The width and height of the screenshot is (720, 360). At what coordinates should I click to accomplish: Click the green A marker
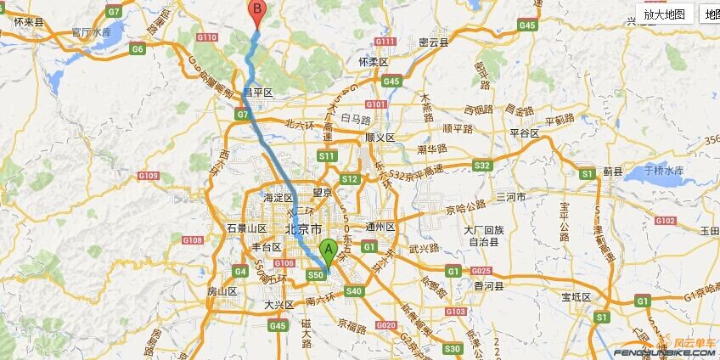(x=329, y=251)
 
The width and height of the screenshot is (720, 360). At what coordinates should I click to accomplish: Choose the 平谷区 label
(x=524, y=133)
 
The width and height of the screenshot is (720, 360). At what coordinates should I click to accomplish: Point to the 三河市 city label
(x=511, y=197)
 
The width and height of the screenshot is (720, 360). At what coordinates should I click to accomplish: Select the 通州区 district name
(x=380, y=228)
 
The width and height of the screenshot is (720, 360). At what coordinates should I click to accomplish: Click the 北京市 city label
(x=303, y=229)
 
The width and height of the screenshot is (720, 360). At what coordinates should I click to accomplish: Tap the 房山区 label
(x=222, y=291)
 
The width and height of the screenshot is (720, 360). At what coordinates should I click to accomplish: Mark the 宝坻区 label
(x=576, y=297)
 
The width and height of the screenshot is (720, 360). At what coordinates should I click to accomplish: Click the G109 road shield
(x=148, y=176)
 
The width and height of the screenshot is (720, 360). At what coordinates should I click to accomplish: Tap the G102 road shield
(x=665, y=221)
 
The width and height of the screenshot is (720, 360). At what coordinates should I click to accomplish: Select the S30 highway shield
(x=452, y=348)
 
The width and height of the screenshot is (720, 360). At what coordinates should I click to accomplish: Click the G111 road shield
(x=385, y=41)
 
